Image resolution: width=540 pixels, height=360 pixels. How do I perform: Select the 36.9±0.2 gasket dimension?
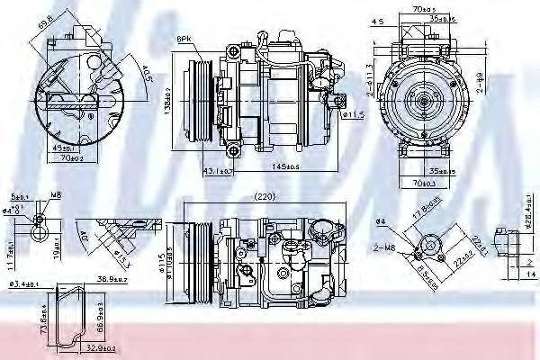[x=110, y=282]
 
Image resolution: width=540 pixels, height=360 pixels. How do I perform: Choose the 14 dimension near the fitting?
[x=529, y=267]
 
